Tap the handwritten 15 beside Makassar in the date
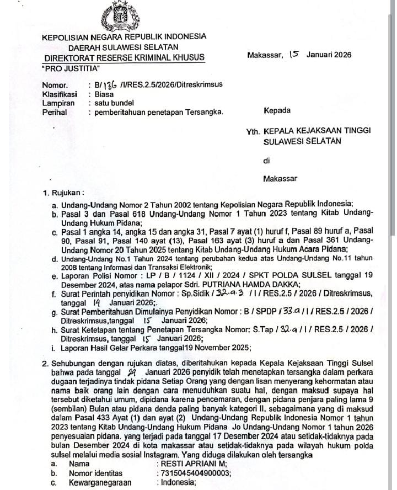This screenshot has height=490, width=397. point(293,54)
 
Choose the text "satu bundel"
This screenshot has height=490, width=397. point(114,103)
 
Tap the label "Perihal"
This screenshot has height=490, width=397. point(55,112)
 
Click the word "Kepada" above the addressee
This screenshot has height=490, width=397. point(277,111)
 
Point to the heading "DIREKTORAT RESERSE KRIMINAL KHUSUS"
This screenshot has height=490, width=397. point(123,57)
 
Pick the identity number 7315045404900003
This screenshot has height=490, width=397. point(194,473)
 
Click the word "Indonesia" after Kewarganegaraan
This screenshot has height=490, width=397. point(178,482)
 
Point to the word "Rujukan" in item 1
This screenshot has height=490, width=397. point(66,194)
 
